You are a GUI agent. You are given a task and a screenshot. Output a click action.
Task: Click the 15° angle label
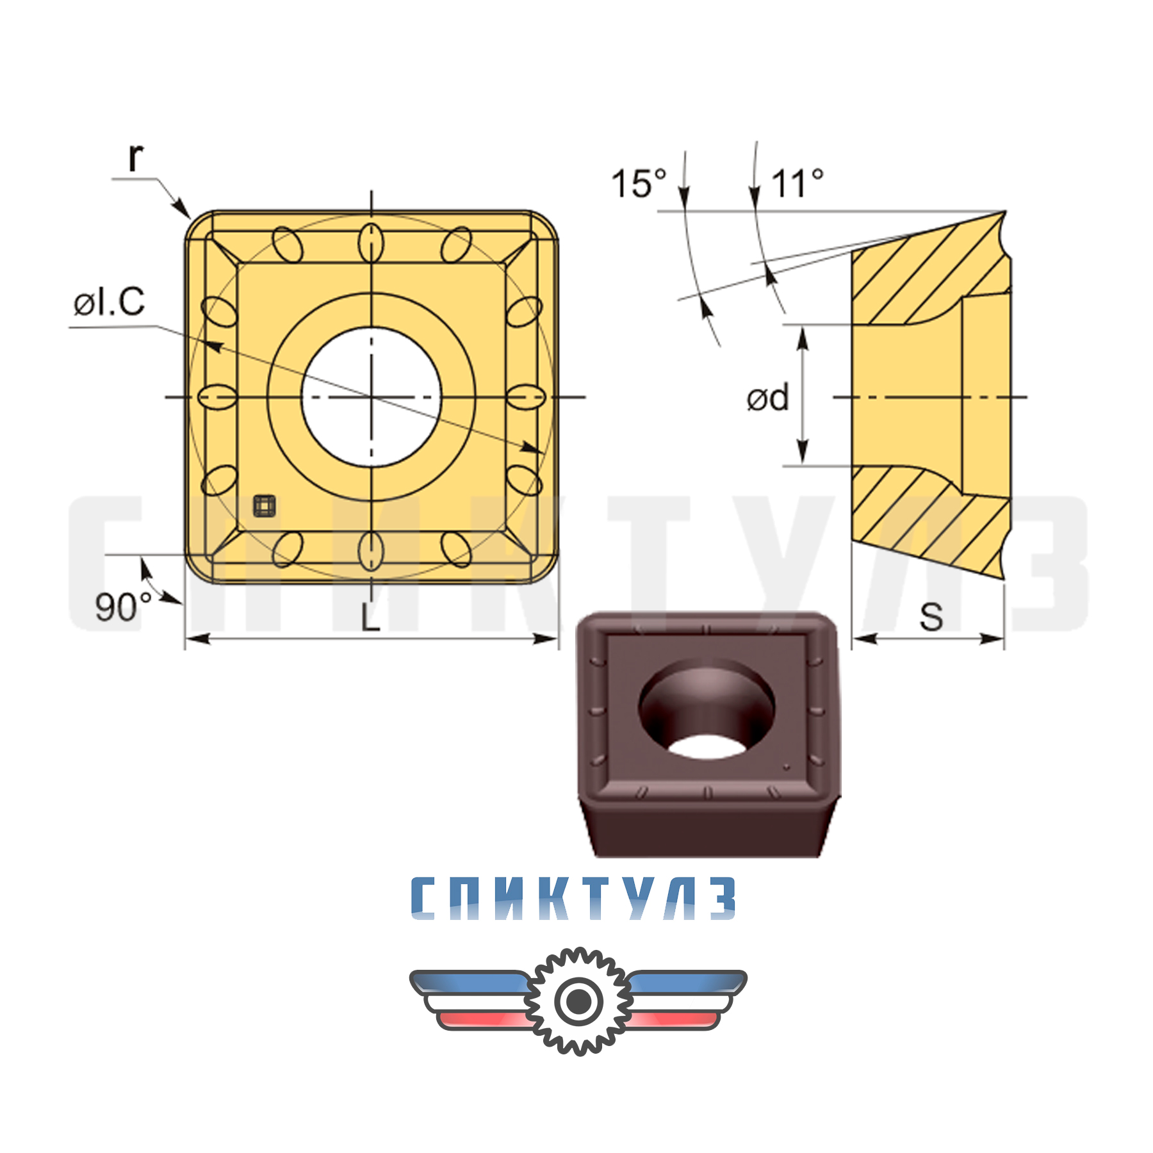click(x=639, y=184)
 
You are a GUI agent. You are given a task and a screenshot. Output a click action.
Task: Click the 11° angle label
click(x=797, y=184)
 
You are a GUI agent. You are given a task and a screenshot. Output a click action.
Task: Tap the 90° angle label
click(x=123, y=607)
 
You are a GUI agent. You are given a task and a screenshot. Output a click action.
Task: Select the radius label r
click(x=135, y=157)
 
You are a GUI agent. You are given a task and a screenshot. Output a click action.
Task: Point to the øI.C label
click(x=110, y=302)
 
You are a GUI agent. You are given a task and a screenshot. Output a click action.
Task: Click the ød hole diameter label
click(x=767, y=398)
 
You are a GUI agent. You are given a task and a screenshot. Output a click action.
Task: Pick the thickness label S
click(x=931, y=617)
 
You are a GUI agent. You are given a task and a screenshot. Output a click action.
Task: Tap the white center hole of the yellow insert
click(x=371, y=397)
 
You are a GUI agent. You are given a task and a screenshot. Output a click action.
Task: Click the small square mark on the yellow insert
click(x=264, y=505)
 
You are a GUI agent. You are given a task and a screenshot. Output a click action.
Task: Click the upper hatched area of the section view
click(x=922, y=275)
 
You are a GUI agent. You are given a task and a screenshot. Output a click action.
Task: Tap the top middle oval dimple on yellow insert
click(x=371, y=243)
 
